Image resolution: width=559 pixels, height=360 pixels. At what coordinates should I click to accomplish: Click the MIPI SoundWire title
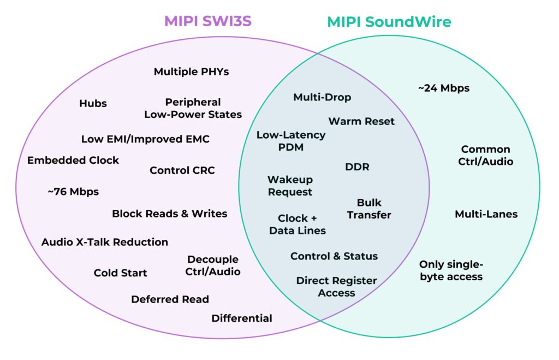coord(389,22)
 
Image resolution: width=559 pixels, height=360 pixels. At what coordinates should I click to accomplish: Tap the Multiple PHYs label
coord(191,72)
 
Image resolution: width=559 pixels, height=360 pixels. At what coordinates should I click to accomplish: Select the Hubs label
coord(93,103)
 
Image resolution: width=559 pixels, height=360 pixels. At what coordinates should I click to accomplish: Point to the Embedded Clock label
coord(73,160)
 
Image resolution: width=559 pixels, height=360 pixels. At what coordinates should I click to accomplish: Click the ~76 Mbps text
coord(73,192)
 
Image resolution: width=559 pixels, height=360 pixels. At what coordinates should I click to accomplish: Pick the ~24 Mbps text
coord(443,88)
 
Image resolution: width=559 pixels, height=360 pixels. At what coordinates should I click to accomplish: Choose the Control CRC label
coord(182,170)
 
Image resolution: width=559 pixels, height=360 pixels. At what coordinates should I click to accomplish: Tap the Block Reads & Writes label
coord(169,214)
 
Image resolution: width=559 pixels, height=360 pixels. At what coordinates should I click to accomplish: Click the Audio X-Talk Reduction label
coord(105,242)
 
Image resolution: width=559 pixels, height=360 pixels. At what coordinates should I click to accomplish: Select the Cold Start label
coord(120,273)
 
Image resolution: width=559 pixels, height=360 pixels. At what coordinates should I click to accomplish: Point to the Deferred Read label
coord(170,299)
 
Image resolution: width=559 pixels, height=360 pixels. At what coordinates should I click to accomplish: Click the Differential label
coord(242,318)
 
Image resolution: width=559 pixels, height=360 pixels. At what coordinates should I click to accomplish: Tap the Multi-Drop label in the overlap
coord(322,97)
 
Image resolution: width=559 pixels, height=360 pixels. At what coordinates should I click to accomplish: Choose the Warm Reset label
coord(361,121)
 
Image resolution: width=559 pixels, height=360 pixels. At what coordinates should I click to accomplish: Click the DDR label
coord(357,167)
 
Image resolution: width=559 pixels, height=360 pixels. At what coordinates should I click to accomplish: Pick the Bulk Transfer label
coord(369,209)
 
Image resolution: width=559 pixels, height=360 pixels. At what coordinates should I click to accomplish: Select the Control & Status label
coord(334,256)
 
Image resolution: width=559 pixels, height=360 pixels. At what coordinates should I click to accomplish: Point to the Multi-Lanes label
coord(486,214)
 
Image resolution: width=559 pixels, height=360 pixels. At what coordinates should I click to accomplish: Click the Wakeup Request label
coord(290,186)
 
